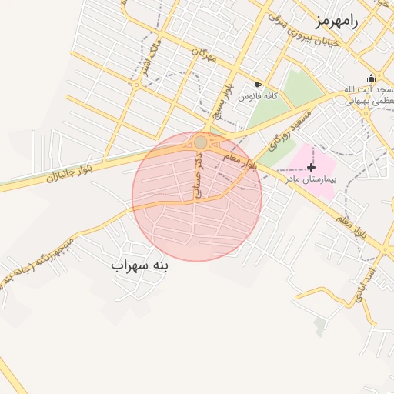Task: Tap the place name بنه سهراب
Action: click(x=139, y=265)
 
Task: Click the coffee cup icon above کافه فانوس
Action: click(x=258, y=85)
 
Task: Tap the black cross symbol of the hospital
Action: click(x=311, y=167)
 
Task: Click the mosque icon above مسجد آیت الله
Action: click(x=371, y=78)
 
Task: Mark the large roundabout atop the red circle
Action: click(x=201, y=142)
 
